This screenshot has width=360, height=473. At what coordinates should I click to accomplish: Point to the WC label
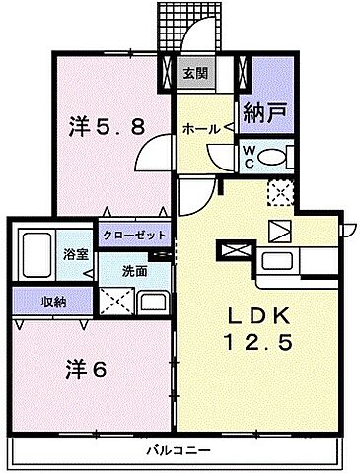click(x=250, y=155)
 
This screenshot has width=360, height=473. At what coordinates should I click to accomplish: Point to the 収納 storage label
click(x=40, y=301)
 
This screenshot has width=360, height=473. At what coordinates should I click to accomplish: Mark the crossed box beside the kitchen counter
click(x=238, y=251)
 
